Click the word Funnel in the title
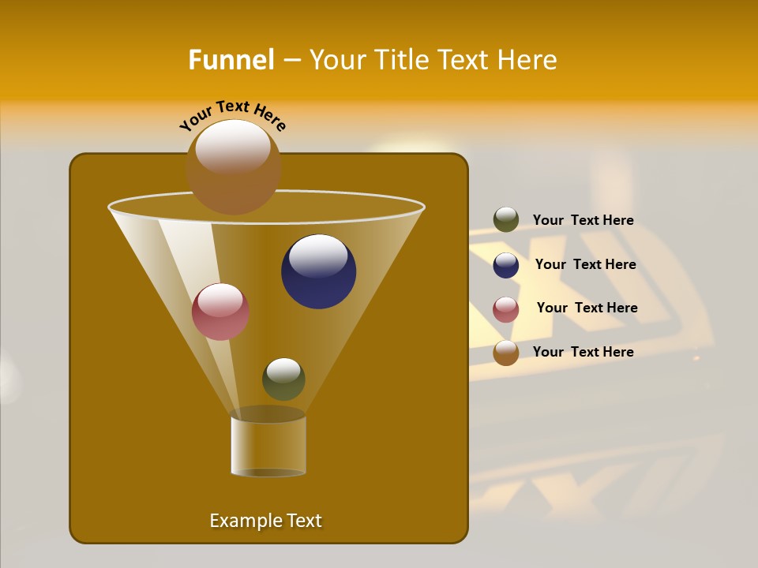pos(231,60)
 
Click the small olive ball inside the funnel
pos(283,382)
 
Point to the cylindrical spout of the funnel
pos(268,446)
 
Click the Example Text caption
pos(265,521)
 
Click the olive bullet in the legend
pos(506,220)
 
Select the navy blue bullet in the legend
pos(506,265)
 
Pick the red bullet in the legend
pos(506,309)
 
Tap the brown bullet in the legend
pos(506,353)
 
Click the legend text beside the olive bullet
pos(583,221)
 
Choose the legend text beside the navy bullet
pos(585,265)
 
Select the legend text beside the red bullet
pos(587,308)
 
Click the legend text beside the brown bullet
pos(583,352)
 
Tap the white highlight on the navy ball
pos(318,256)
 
